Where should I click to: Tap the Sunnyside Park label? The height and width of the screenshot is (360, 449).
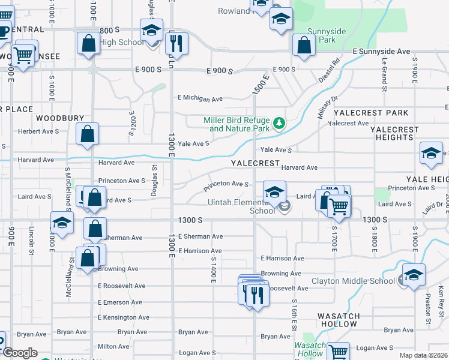coord(321,35)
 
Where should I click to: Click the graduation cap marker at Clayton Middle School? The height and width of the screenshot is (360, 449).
coord(414,276)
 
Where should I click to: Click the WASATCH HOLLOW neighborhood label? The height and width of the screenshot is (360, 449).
coord(343,320)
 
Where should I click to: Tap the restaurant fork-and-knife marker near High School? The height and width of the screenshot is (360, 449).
coord(176,43)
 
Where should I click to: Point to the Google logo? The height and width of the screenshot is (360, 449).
coord(19,353)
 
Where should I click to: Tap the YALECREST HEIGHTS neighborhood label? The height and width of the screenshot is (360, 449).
coord(391,133)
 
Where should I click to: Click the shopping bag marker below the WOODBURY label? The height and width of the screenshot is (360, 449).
coord(88,135)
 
